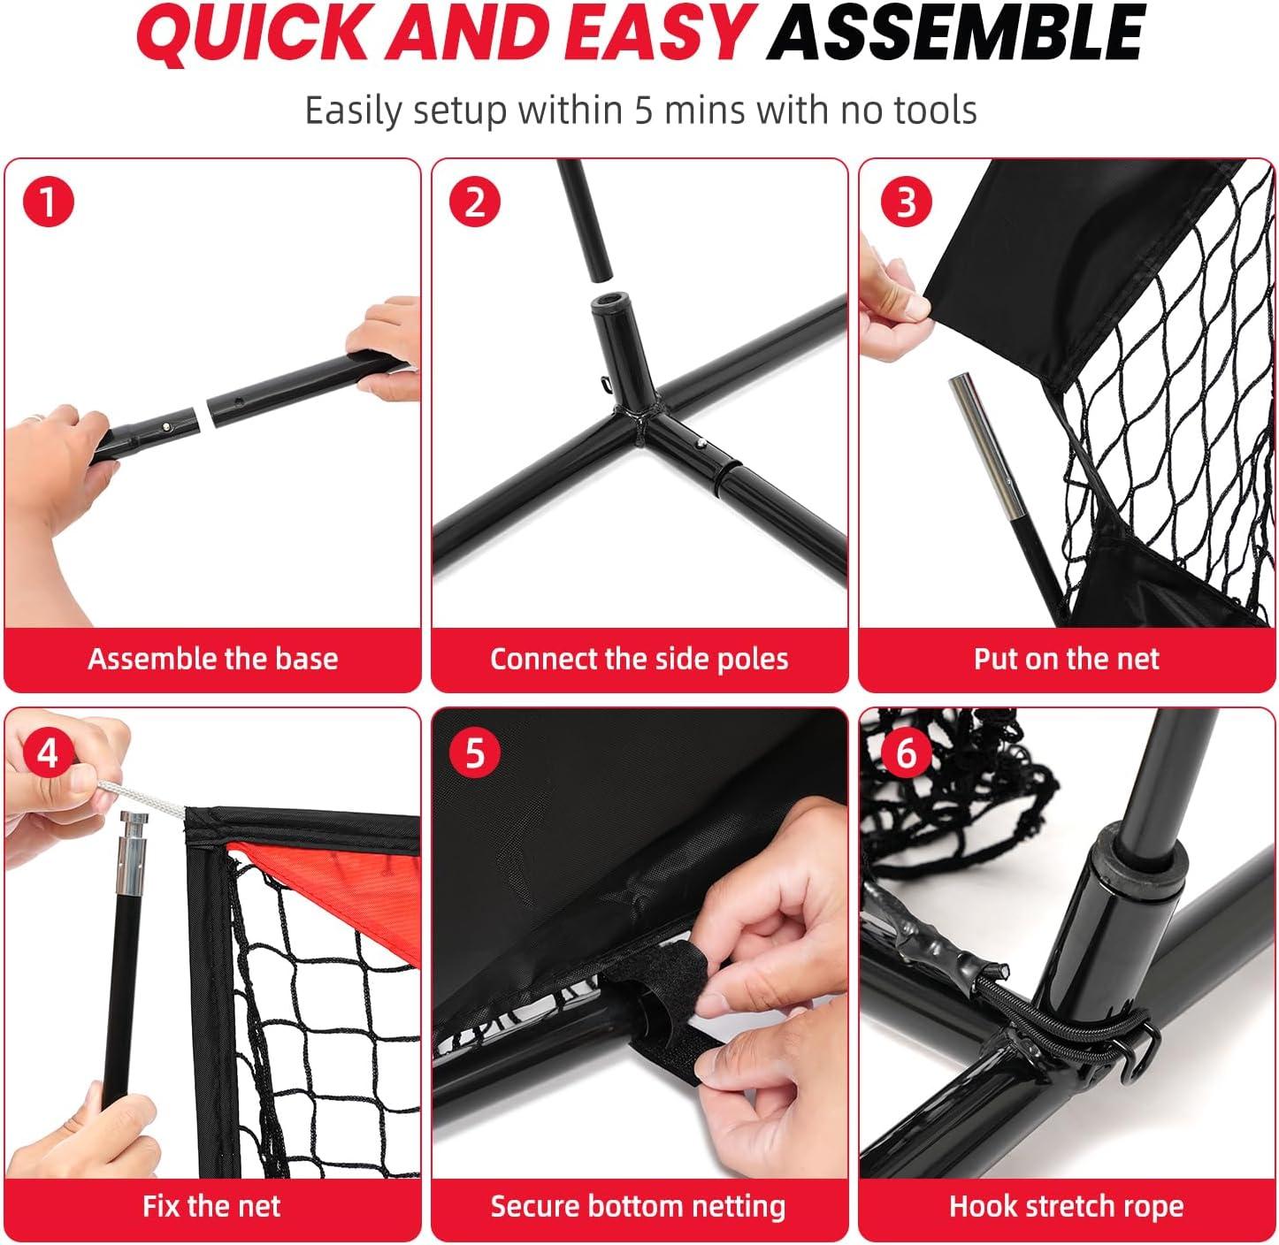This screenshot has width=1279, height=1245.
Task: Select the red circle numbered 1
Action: (49, 202)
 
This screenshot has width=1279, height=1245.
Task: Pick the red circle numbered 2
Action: (475, 202)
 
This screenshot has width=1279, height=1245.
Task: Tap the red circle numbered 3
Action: (907, 202)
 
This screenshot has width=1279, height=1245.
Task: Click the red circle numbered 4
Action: (49, 752)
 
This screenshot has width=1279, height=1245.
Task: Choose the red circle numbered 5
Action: (475, 752)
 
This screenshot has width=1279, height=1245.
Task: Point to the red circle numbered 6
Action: (907, 752)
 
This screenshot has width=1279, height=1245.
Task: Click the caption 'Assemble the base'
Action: (213, 658)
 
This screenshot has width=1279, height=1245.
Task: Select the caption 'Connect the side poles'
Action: (639, 659)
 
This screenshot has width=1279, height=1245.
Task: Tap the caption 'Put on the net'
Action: (1066, 658)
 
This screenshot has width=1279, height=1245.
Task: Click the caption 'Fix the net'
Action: (211, 1206)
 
